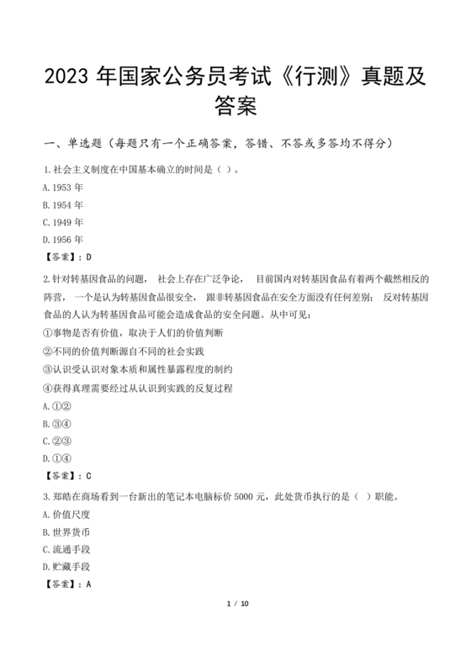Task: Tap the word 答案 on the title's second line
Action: pos(235,108)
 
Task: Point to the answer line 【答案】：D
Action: pos(66,258)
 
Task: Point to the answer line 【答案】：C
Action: pos(66,476)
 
